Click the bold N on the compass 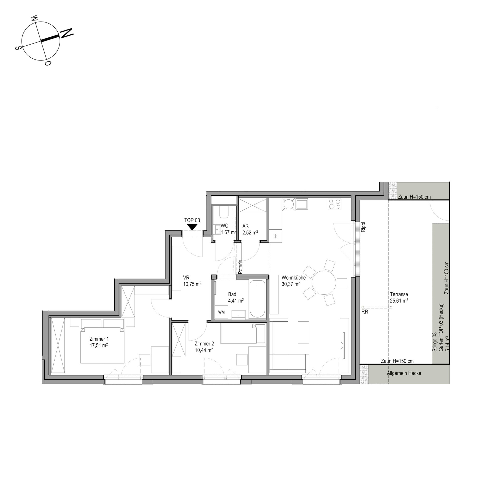pos(67,33)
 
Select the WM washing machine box pos(221,312)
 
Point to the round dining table pos(324,283)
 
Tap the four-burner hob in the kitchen pos(335,204)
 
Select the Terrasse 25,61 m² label pos(399,298)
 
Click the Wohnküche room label pos(294,278)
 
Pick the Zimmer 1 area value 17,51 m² pos(99,345)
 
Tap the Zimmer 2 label pos(204,344)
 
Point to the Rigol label pos(363,227)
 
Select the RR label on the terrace pos(365,312)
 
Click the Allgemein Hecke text pos(404,373)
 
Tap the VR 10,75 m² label pos(192,281)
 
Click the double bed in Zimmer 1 pos(102,345)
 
